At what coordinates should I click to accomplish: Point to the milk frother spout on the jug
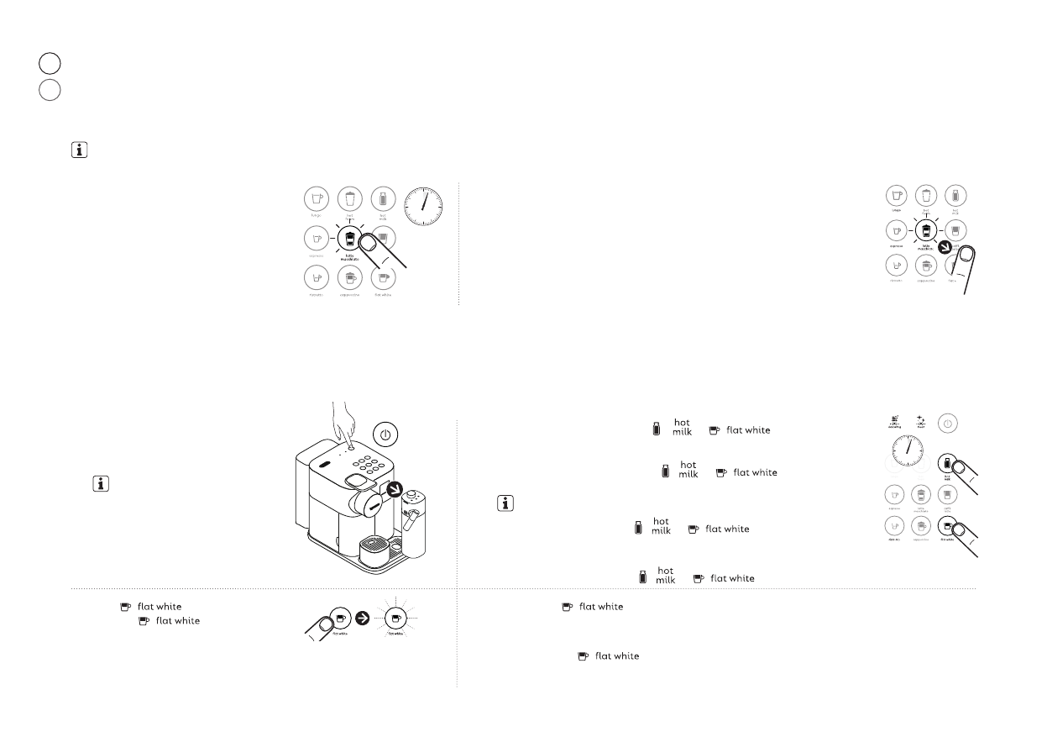[x=411, y=524]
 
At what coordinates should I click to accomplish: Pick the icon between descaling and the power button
[x=922, y=421]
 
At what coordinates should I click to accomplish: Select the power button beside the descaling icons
[x=947, y=424]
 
